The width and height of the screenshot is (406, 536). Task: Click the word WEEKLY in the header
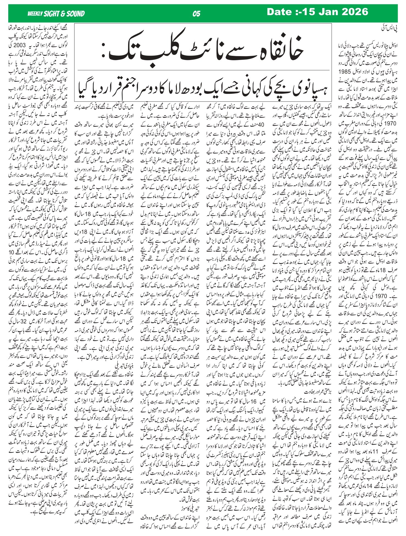[x=35, y=13]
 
